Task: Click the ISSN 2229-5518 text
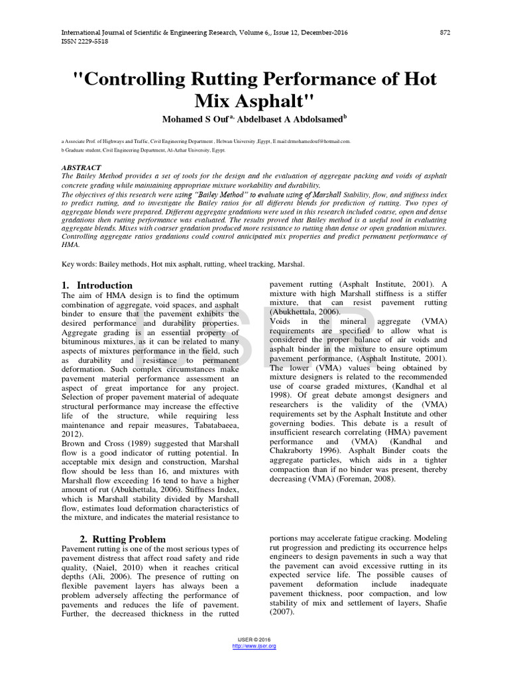tap(85, 41)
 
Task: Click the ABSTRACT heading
tap(81, 168)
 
